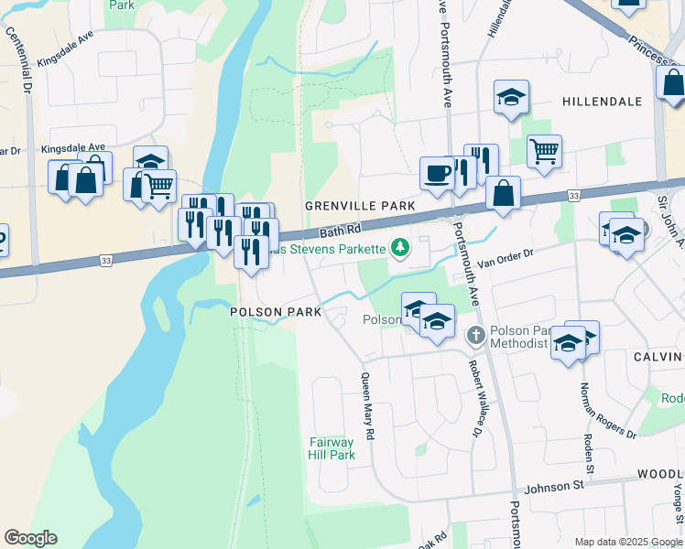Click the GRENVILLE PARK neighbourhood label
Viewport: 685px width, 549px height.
coord(360,206)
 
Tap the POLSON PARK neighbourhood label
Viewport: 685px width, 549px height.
coord(275,312)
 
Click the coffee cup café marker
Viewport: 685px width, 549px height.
coord(437,171)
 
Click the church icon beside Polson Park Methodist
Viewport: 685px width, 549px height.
coord(475,336)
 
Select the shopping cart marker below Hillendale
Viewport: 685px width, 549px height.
coord(544,149)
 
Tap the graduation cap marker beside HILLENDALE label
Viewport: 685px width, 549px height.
coord(511,95)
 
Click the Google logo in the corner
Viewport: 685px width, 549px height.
coord(30,538)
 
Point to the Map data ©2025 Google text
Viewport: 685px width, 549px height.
coord(627,542)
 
